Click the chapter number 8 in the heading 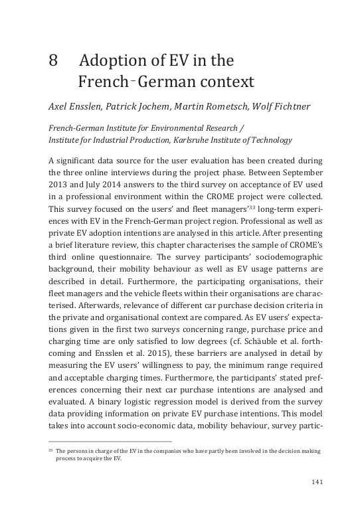[53, 62]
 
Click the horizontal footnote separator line [110, 440]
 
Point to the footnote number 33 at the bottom [50, 450]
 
